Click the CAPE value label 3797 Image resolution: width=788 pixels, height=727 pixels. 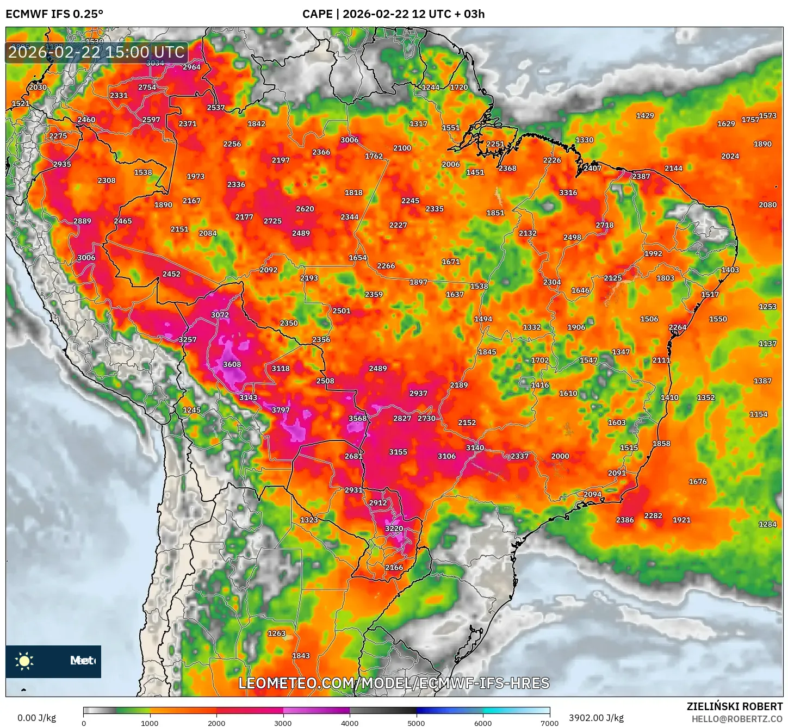pos(281,410)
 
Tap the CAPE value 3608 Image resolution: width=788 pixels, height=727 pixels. pos(232,364)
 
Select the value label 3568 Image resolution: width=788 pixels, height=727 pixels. pos(357,418)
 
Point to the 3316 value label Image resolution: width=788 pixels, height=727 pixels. pos(568,192)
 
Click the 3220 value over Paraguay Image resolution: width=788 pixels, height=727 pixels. pos(394,529)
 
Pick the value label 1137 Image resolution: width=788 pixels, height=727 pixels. pos(767,344)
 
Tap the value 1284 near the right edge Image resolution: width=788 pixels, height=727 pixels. pos(767,524)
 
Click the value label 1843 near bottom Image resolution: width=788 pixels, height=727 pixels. pos(301,656)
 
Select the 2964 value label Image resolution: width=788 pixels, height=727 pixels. pos(191,67)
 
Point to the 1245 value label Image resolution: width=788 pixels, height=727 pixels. pos(191,410)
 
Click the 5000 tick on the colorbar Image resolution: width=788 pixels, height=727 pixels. pos(416,723)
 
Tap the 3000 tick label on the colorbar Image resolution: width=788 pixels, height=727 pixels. pos(283,723)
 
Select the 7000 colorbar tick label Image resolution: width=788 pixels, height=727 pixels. pos(549,723)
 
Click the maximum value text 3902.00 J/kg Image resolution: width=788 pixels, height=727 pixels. pos(596,718)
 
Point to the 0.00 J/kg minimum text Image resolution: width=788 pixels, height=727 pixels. pos(36,718)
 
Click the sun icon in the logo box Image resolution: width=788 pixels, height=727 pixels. pos(24,661)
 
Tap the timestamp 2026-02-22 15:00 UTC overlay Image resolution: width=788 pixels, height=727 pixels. pos(96,52)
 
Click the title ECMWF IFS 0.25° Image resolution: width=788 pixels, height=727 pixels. pos(54,14)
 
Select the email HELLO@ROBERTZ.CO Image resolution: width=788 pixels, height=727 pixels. pos(737,719)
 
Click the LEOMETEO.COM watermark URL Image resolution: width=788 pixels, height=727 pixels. pos(394,683)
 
